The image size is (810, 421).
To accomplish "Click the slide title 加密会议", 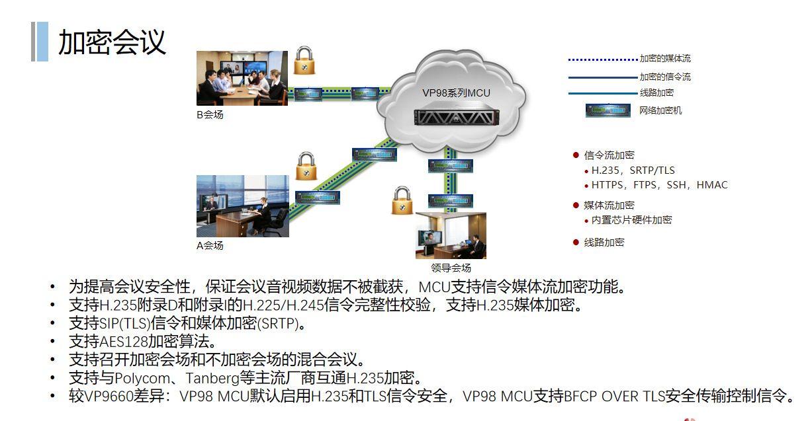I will (112, 42).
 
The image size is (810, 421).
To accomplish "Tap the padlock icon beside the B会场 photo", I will (304, 60).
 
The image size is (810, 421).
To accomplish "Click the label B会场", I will (210, 115).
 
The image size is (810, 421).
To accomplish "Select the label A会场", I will (210, 246).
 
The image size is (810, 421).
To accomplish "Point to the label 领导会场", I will (451, 268).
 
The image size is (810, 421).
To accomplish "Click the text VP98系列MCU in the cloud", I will (457, 93).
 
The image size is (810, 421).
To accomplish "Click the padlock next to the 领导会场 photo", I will (402, 201).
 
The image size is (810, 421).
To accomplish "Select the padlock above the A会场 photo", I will (306, 166).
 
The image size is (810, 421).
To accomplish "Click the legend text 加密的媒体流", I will (664, 59).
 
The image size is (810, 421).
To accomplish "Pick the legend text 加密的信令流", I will (664, 77).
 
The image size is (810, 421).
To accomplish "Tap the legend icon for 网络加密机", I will (607, 110).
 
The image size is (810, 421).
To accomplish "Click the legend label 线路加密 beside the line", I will (656, 93).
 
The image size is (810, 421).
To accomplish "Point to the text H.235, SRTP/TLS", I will (633, 171).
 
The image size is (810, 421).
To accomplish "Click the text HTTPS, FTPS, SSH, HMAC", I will (659, 185).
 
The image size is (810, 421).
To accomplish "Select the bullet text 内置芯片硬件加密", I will (631, 220).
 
